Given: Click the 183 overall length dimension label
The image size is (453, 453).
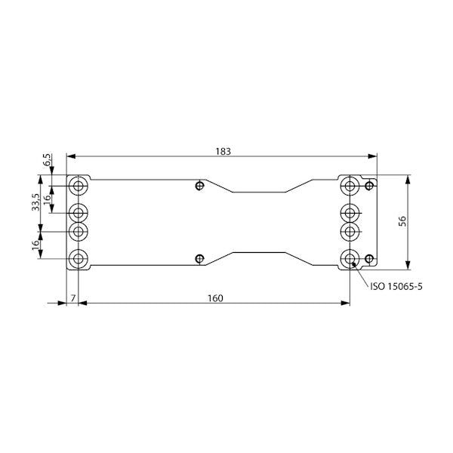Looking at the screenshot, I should tap(223, 151).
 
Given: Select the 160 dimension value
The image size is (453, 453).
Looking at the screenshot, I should tap(214, 298).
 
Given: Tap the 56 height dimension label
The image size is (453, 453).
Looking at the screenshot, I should tap(402, 220).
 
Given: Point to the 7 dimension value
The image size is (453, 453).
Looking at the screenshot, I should tap(72, 298).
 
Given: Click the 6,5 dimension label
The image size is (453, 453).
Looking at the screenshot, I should tap(47, 159).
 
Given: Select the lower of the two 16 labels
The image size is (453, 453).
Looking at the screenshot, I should tap(35, 247).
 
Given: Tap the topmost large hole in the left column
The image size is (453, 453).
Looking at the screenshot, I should tap(79, 185).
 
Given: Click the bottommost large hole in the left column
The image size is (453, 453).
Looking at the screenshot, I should tap(79, 259).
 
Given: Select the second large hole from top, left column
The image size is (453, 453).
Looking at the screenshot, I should tap(79, 211).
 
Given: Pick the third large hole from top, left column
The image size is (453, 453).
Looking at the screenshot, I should tap(79, 230).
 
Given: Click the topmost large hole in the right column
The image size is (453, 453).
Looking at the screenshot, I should tap(350, 185).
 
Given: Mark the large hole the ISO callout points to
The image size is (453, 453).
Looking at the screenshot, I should tap(350, 259).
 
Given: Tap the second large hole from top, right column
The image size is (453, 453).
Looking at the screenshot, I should tap(350, 211).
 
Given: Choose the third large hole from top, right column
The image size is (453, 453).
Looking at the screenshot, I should tap(350, 230).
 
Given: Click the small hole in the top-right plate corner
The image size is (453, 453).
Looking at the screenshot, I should tap(369, 185).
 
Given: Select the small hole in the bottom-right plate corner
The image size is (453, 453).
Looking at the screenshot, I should tap(369, 259).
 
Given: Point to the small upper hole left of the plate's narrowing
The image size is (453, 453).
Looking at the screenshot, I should tap(199, 185).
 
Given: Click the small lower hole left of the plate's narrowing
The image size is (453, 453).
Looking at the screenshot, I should tap(199, 259).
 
